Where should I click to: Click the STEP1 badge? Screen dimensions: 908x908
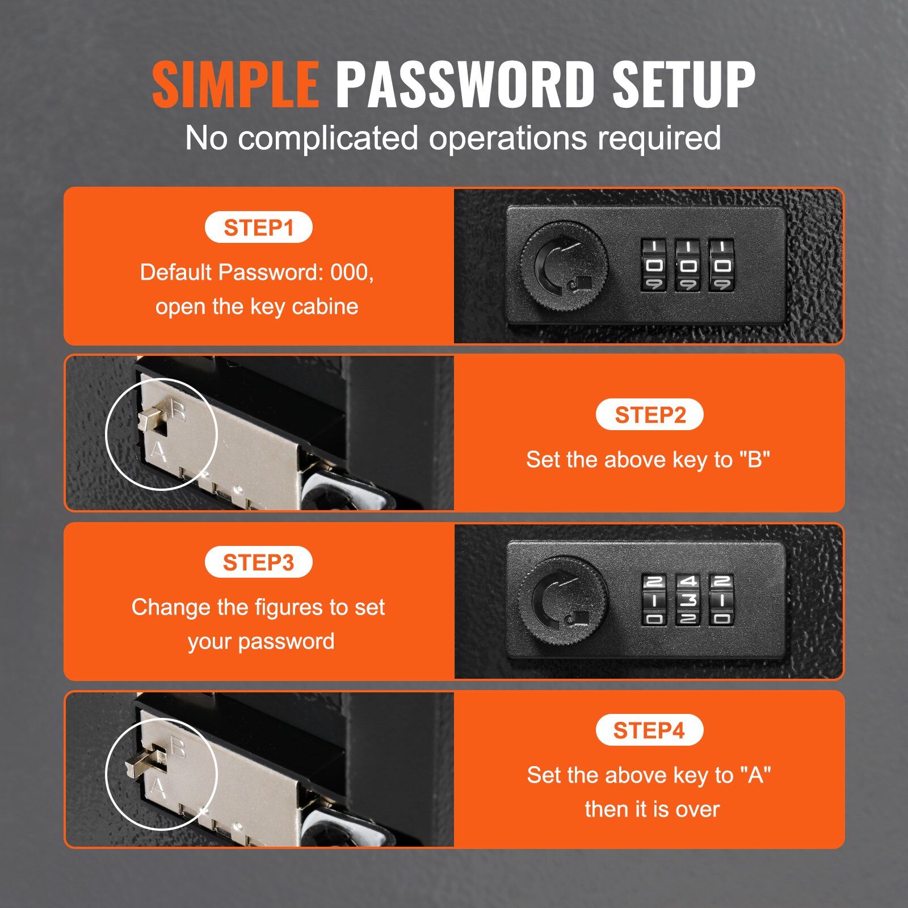259,228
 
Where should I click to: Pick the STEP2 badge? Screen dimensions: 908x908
650,415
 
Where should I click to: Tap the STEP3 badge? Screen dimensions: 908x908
259,562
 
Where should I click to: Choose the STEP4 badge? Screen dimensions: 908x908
650,730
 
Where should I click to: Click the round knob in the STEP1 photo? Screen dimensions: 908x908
564,266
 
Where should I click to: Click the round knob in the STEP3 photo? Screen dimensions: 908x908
564,600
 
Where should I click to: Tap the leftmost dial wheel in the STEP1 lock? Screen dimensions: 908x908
654,265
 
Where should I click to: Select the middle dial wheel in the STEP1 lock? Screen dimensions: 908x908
687,265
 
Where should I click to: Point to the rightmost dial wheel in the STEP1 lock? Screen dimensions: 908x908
721,265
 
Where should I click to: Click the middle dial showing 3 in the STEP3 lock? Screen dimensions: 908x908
688,599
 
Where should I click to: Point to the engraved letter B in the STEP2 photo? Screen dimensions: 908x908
178,410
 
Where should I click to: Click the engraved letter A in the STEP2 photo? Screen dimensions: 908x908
158,452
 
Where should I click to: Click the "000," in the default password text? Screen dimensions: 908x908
352,272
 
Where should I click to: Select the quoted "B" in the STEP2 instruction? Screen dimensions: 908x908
755,459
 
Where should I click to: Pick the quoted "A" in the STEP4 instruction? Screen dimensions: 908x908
755,775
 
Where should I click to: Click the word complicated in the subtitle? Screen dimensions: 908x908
328,138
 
